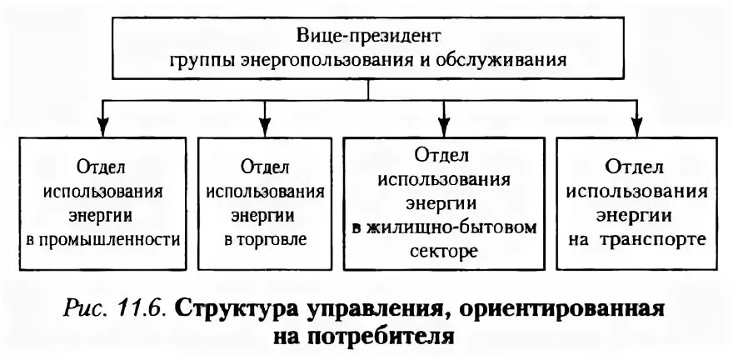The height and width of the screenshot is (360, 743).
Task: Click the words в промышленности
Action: (x=103, y=240)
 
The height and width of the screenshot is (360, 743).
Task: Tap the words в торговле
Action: (x=266, y=240)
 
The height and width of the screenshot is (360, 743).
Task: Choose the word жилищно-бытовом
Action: (x=463, y=227)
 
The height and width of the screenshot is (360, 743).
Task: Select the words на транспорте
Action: (x=639, y=238)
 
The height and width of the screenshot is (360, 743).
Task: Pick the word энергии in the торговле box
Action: (x=266, y=215)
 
